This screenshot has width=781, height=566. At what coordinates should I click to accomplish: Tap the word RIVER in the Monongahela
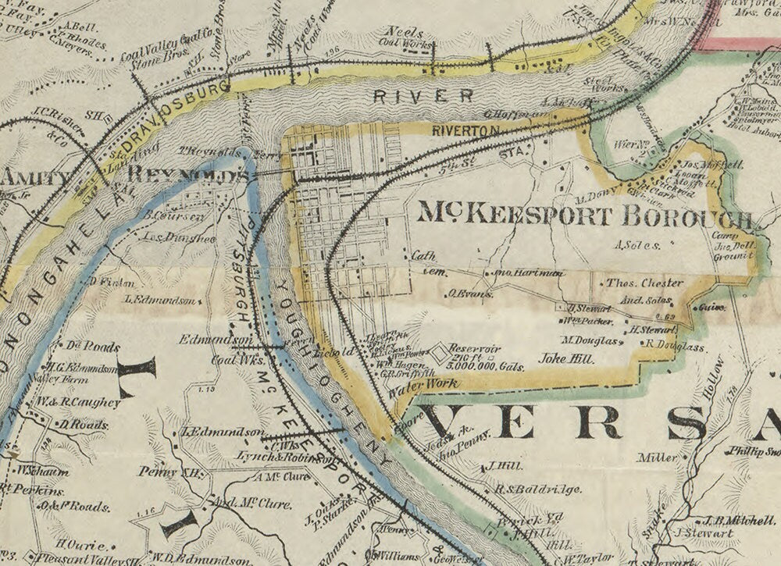click(423, 96)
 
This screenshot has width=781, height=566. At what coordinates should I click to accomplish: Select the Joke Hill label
click(565, 359)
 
